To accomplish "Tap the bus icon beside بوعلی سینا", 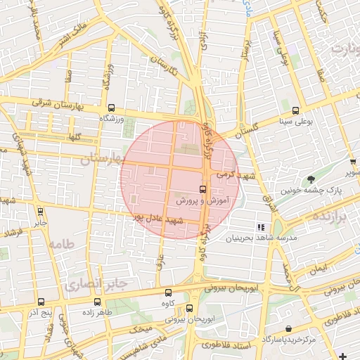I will click(x=295, y=110).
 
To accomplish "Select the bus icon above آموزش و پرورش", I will click(x=202, y=189).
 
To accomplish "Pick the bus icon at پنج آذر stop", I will click(x=40, y=301).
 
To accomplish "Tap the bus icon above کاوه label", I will click(x=167, y=292).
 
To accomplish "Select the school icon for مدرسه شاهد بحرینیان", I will click(x=261, y=227).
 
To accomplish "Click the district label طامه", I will click(x=60, y=244).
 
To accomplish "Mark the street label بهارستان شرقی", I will click(x=67, y=105).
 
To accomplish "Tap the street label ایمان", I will click(x=318, y=269).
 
